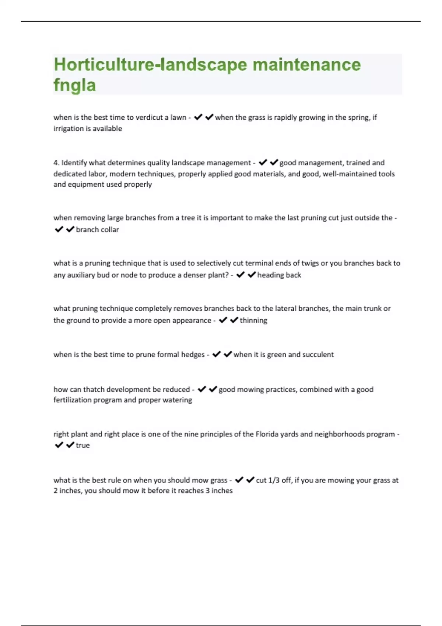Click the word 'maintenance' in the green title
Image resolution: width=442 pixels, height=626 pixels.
pyautogui.click(x=306, y=65)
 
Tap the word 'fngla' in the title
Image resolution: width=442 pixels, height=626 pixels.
pyautogui.click(x=75, y=85)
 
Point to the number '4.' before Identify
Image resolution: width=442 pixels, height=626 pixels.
pyautogui.click(x=56, y=163)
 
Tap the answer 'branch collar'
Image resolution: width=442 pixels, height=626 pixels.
pyautogui.click(x=97, y=230)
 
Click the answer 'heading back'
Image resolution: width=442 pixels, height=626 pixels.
pyautogui.click(x=279, y=275)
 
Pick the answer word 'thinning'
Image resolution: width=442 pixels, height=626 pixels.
pyautogui.click(x=253, y=320)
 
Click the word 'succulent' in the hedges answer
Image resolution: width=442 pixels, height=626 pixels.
pyautogui.click(x=318, y=355)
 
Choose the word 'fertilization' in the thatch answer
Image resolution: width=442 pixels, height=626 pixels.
pyautogui.click(x=72, y=400)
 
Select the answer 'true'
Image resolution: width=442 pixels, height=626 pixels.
pyautogui.click(x=83, y=445)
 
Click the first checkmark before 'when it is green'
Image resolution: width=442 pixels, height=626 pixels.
pyautogui.click(x=217, y=354)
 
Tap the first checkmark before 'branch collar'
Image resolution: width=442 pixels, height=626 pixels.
pyautogui.click(x=59, y=229)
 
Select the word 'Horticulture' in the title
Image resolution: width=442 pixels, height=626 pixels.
pyautogui.click(x=104, y=65)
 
